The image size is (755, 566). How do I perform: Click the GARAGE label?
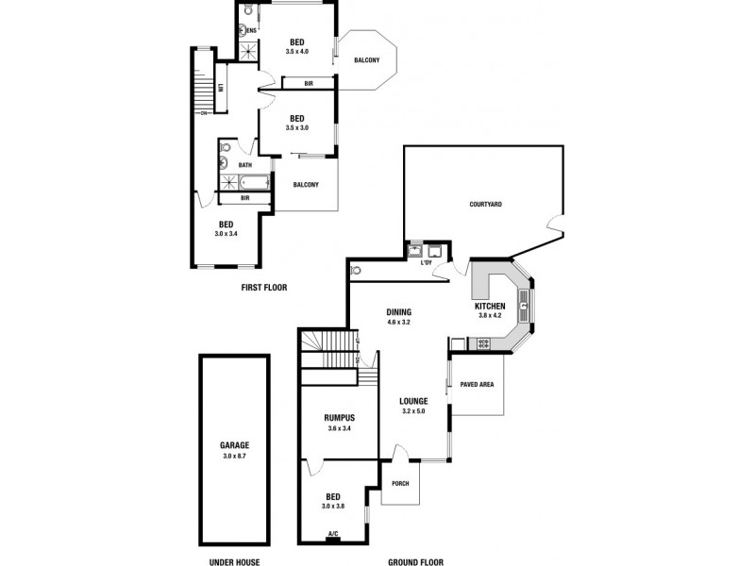click(x=234, y=445)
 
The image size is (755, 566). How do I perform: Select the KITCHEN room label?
click(x=490, y=307)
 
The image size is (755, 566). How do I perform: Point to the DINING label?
click(x=398, y=312)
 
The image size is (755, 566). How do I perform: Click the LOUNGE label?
click(x=413, y=400)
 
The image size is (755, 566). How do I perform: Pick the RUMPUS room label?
click(x=338, y=418)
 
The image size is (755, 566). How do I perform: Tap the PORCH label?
click(x=398, y=484)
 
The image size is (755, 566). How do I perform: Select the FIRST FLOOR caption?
click(x=263, y=287)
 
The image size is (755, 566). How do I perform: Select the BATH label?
click(x=244, y=165)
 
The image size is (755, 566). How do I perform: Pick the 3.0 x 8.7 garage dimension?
click(x=234, y=456)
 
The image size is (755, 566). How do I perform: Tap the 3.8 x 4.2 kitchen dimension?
click(x=490, y=317)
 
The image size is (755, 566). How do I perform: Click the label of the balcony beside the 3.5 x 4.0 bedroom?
click(x=366, y=61)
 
